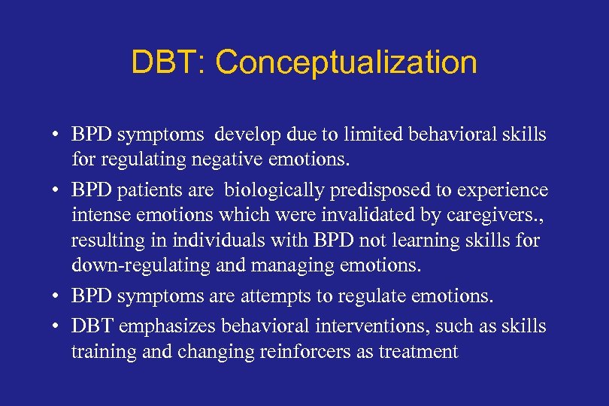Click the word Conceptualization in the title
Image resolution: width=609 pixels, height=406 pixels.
[346, 63]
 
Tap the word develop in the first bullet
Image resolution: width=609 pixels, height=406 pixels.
[243, 135]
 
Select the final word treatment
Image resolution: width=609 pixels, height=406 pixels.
[420, 351]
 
